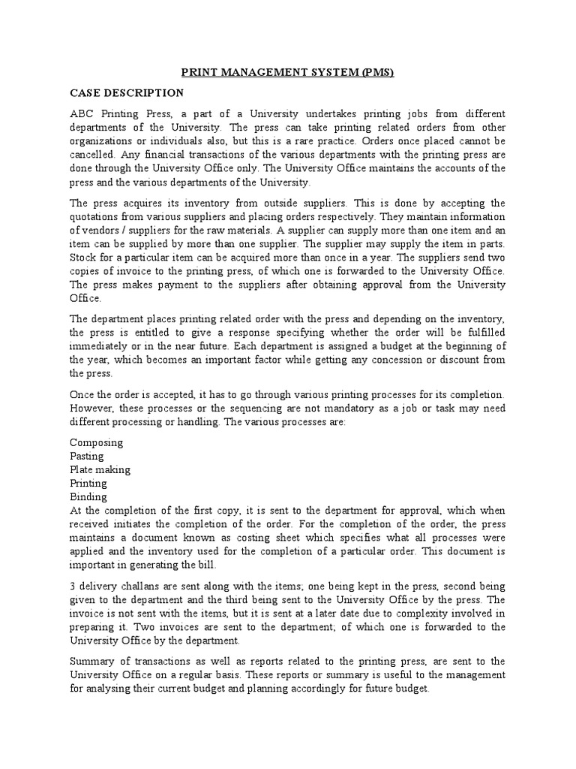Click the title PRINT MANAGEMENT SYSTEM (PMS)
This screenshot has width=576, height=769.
tap(288, 73)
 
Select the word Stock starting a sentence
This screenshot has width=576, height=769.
tap(82, 258)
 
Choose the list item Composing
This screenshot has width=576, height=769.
tap(96, 442)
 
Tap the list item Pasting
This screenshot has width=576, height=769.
tap(86, 456)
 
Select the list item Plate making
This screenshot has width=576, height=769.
tap(100, 469)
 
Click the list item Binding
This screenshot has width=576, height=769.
tap(88, 496)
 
